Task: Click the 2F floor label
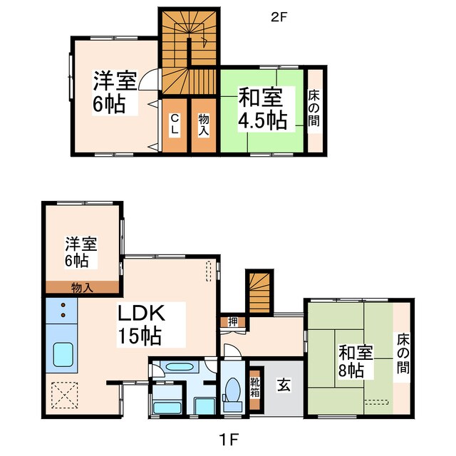coord(279,16)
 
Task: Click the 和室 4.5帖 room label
coord(262,109)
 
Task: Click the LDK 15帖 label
coord(142,324)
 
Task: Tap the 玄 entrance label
coord(284,385)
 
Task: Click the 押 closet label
coord(233,321)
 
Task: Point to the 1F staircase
coord(259,291)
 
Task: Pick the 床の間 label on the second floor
coord(314,109)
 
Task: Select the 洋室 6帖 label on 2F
coord(114,93)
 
